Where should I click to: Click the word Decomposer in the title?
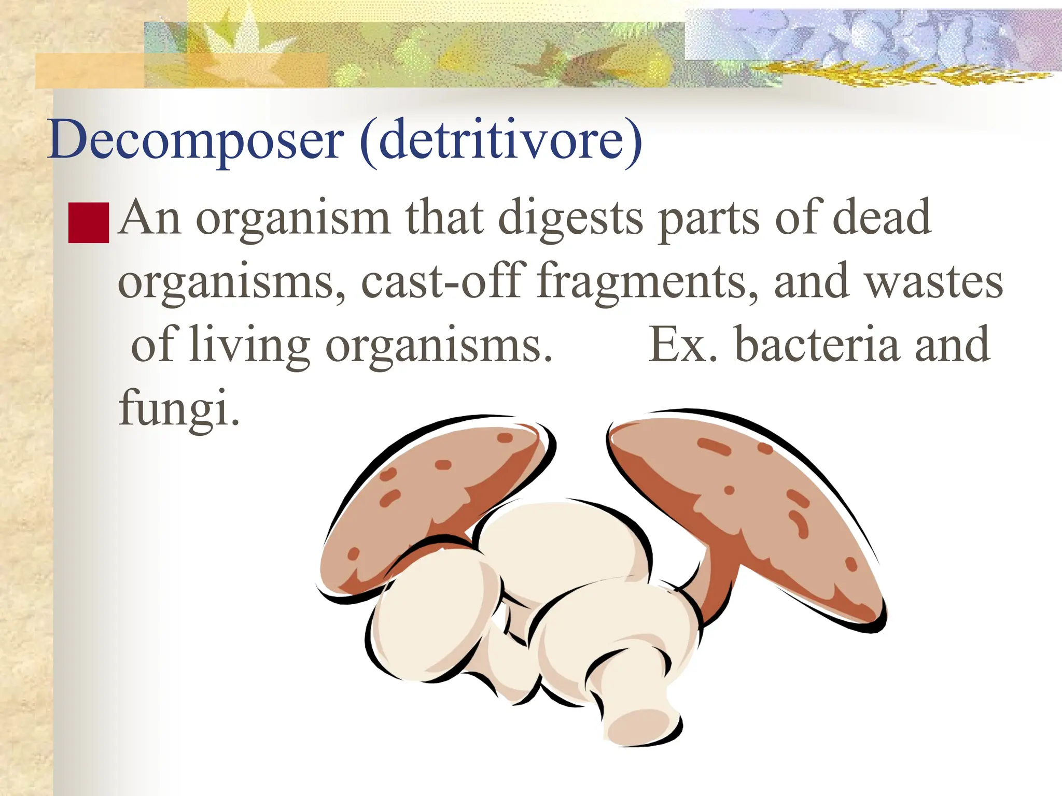[x=195, y=139]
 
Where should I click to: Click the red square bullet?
[x=89, y=223]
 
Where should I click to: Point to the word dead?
[x=881, y=218]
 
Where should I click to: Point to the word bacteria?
[x=817, y=345]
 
